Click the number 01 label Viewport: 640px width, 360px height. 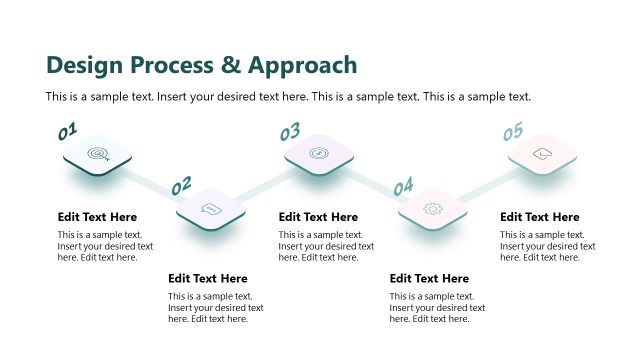tap(67, 131)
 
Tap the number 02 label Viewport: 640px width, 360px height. tap(181, 186)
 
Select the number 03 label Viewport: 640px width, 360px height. tap(290, 132)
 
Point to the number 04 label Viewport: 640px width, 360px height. tap(403, 187)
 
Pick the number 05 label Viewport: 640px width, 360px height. tap(512, 132)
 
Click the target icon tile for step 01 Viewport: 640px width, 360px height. tap(98, 154)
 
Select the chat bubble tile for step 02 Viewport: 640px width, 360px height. tap(210, 209)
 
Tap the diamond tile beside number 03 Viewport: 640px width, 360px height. tap(319, 153)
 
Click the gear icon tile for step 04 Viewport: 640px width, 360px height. tap(432, 208)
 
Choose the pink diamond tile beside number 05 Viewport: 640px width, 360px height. tap(542, 154)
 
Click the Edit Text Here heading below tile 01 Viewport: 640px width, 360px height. tap(98, 217)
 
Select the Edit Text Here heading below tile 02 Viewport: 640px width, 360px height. tap(208, 279)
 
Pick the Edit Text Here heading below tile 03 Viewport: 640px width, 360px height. tap(319, 217)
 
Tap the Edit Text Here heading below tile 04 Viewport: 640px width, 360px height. tap(430, 279)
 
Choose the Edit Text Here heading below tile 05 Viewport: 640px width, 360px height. tap(540, 217)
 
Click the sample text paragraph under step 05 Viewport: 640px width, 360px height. tap(548, 246)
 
